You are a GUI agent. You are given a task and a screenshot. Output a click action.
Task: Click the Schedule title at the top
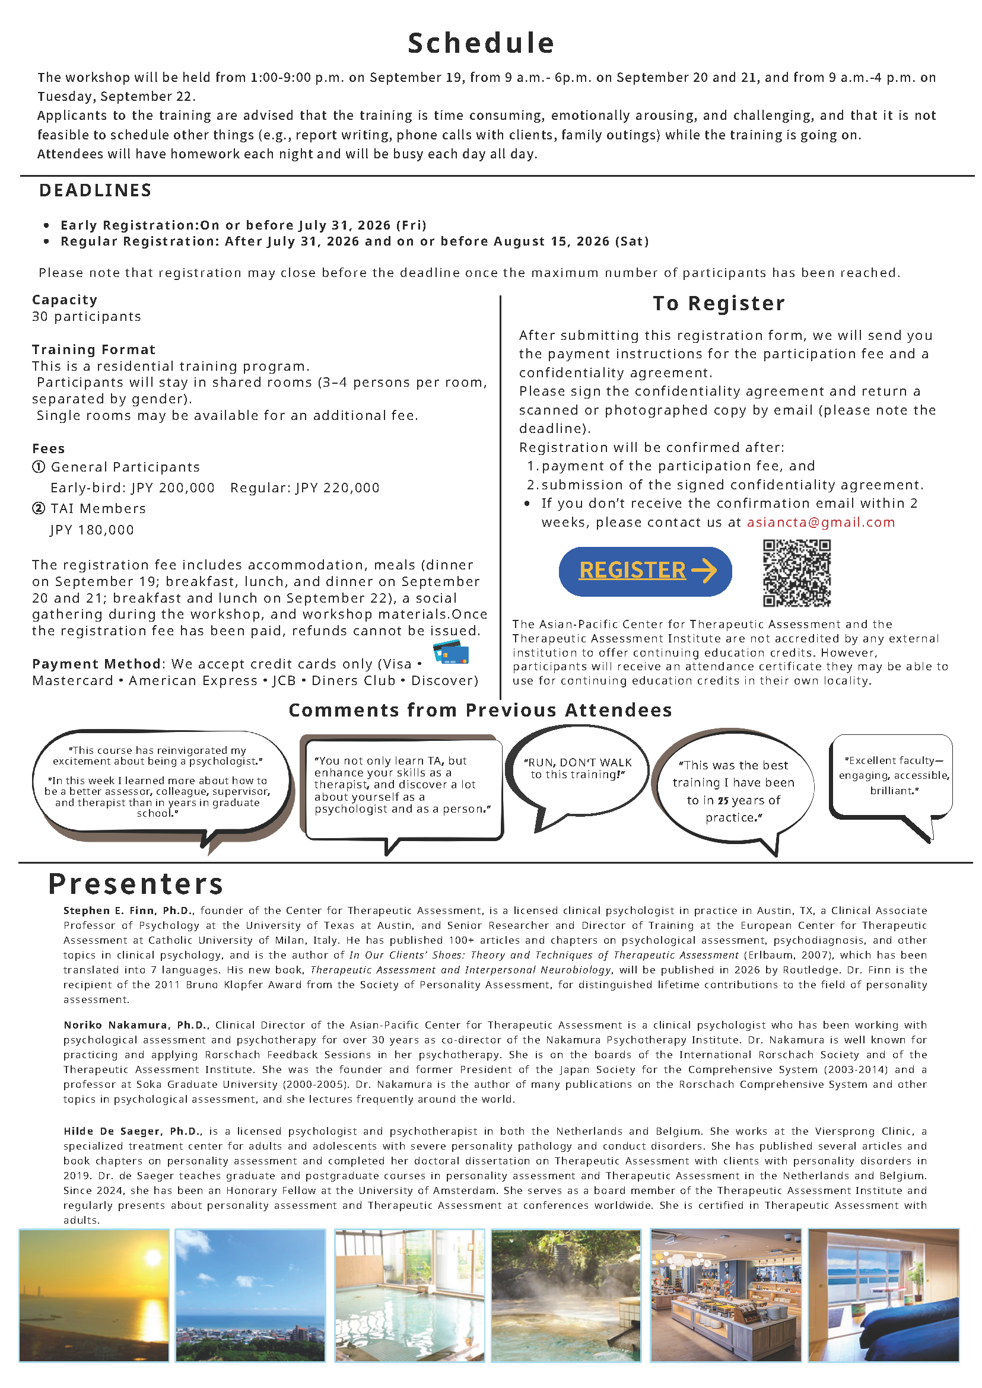pyautogui.click(x=481, y=43)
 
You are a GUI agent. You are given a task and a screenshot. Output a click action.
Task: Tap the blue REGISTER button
pyautogui.click(x=644, y=571)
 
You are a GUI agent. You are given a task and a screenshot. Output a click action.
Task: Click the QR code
pyautogui.click(x=796, y=572)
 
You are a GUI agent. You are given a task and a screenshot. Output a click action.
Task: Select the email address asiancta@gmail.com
pyautogui.click(x=821, y=523)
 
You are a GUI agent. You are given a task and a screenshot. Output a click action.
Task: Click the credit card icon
pyautogui.click(x=451, y=654)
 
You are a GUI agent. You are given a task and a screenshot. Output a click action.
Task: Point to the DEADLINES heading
pyautogui.click(x=96, y=190)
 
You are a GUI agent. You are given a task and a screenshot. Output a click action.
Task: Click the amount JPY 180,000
pyautogui.click(x=92, y=530)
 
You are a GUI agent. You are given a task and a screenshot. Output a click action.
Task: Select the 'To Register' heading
pyautogui.click(x=719, y=304)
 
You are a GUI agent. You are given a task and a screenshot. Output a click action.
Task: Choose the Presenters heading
pyautogui.click(x=136, y=884)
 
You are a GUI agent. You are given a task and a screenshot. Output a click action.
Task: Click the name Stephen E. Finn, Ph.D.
pyautogui.click(x=128, y=911)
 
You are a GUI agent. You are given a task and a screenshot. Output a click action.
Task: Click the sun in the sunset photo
pyautogui.click(x=152, y=1259)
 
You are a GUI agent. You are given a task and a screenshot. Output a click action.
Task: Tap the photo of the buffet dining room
pyautogui.click(x=726, y=1295)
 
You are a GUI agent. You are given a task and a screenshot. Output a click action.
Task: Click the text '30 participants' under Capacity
pyautogui.click(x=87, y=317)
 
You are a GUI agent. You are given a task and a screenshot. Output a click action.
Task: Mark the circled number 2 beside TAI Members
pyautogui.click(x=39, y=508)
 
